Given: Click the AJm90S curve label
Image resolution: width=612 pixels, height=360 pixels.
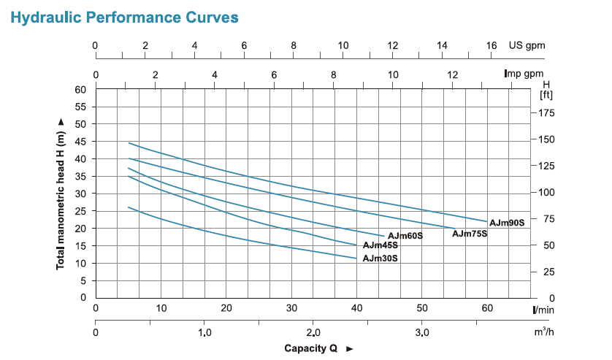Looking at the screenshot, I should tap(507, 222).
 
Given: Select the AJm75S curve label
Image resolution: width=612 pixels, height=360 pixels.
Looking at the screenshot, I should tap(469, 234).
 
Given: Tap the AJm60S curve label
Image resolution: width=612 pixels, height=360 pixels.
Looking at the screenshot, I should tap(405, 236).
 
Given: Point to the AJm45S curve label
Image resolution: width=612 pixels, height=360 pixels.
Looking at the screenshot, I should tap(380, 246).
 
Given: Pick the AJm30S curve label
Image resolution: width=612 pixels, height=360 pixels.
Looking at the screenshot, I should tap(380, 258).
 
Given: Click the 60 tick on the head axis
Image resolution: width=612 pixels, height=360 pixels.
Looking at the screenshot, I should tap(80, 90).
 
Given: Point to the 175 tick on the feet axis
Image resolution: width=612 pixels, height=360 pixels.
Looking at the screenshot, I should tap(548, 113).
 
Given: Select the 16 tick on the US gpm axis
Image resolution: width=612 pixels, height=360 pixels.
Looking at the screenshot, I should tap(491, 46).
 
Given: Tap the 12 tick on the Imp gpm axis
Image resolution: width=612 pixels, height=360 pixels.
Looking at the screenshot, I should tap(452, 74).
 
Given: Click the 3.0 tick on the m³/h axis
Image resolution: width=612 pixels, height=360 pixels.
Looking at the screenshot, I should tap(421, 332).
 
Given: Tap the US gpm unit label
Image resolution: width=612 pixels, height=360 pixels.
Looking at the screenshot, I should tap(527, 46).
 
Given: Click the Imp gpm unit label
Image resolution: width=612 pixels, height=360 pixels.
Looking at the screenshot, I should tap(524, 74).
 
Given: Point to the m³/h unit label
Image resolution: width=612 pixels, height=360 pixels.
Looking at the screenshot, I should tap(543, 332).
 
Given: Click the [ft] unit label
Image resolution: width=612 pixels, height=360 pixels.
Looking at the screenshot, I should tap(546, 95).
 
